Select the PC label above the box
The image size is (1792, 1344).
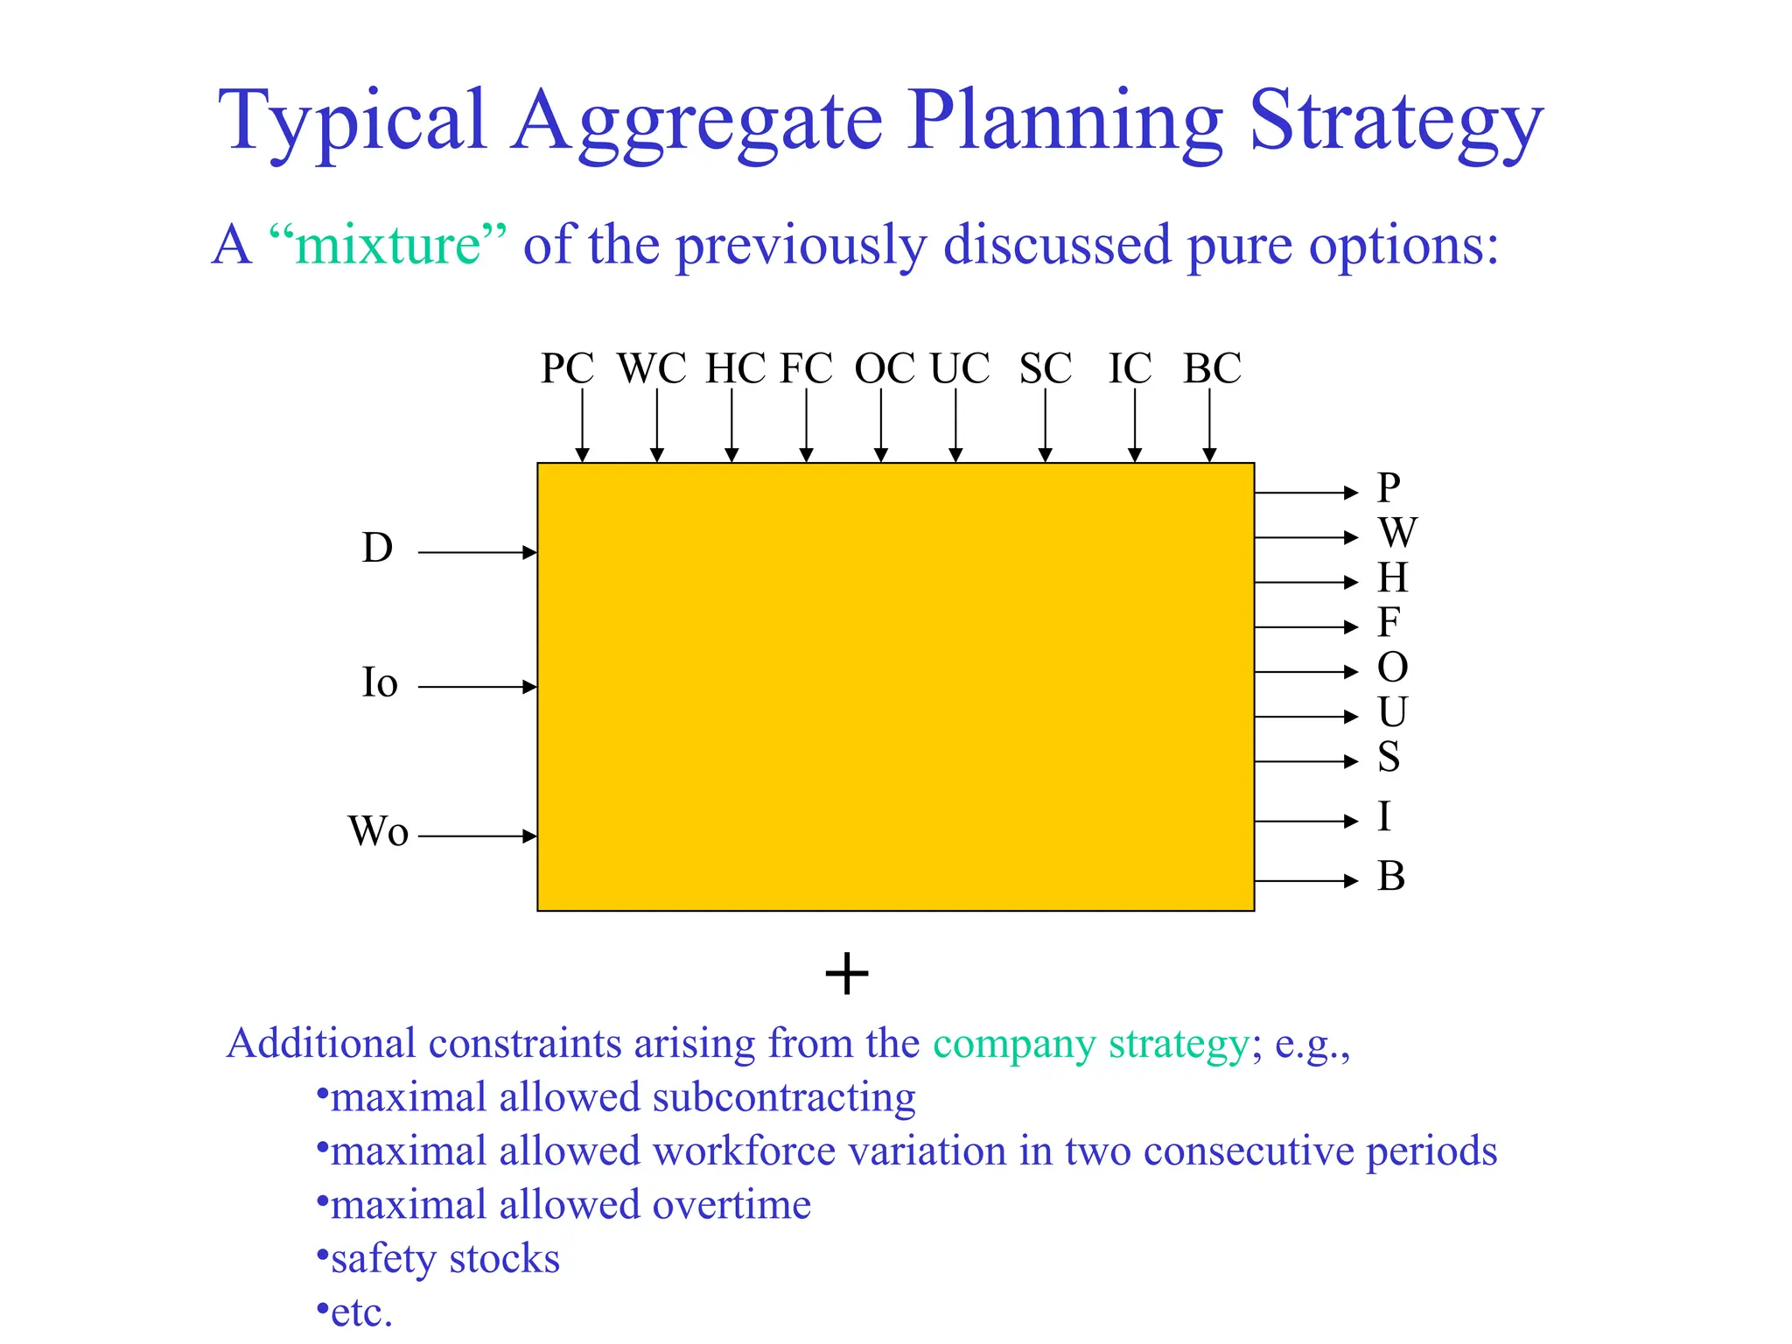pos(567,368)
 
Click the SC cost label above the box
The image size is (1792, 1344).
pos(1045,368)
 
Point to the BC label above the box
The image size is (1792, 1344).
pos(1212,368)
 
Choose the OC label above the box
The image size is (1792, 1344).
pos(885,368)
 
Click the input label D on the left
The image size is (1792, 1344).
pos(377,549)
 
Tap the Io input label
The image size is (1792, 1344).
pos(380,682)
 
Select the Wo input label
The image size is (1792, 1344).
pos(378,831)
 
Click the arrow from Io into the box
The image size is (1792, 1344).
pos(477,687)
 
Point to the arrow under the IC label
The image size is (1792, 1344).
pos(1135,424)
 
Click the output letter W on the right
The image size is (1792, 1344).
pos(1396,532)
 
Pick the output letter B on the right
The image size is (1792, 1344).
pos(1391,876)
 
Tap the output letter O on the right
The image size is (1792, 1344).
pos(1392,668)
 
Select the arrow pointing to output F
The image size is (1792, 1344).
pos(1305,626)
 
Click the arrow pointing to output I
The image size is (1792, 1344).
pos(1305,821)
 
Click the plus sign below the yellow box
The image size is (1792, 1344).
pos(847,974)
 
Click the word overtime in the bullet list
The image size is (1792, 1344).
pos(731,1205)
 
